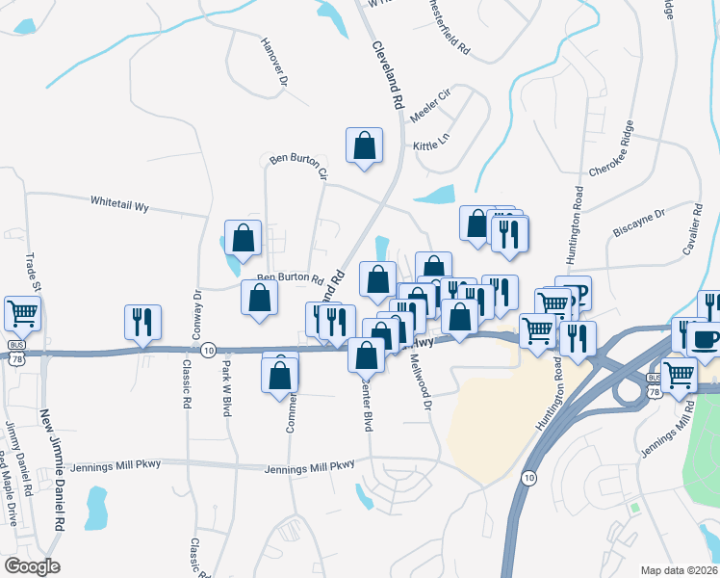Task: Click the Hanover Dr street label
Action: tap(274, 64)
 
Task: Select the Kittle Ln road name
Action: tap(431, 144)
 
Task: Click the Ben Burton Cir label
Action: tap(298, 166)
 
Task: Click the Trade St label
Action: tap(28, 275)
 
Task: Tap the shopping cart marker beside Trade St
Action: tap(23, 314)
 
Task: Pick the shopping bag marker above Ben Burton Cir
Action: tap(365, 145)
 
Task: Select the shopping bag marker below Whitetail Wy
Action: tap(243, 238)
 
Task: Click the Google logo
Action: tap(31, 566)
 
